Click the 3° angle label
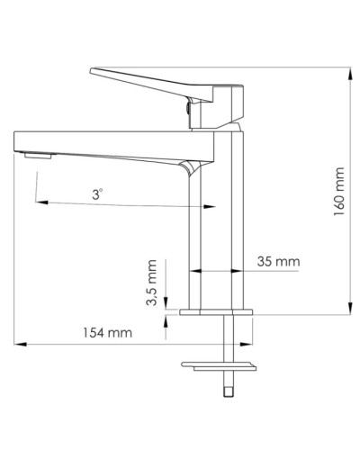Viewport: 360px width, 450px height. [97, 193]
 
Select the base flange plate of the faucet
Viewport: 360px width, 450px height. [219, 312]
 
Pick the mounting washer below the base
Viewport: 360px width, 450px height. [219, 364]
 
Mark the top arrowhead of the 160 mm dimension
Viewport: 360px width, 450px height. [349, 68]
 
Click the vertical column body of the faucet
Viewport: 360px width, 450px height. [220, 234]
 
